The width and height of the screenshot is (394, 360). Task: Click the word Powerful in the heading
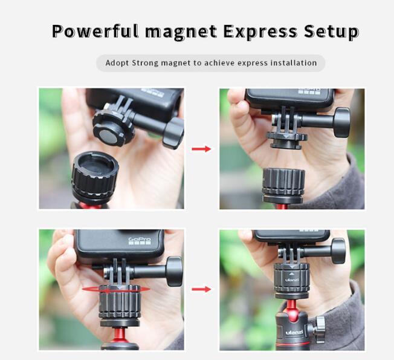[x=95, y=31]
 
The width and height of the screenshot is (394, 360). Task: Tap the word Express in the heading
[x=260, y=32]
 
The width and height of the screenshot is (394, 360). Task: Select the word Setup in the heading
[x=331, y=32]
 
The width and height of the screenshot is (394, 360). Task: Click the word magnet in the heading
[x=181, y=33]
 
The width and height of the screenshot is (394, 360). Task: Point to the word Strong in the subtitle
[x=145, y=63]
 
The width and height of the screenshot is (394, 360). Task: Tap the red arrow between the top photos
[x=201, y=149]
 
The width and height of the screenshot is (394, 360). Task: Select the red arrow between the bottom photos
[x=201, y=289]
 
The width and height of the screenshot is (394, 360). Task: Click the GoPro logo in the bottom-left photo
[x=140, y=241]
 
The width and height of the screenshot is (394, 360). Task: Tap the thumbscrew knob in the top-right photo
[x=342, y=122]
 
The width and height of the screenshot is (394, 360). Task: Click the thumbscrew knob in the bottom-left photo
[x=174, y=272]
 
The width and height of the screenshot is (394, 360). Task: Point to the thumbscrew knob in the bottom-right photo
[x=338, y=251]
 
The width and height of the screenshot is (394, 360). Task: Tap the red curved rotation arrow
[x=116, y=290]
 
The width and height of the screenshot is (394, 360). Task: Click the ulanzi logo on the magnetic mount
[x=292, y=280]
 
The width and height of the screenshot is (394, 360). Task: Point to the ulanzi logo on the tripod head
[x=294, y=333]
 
